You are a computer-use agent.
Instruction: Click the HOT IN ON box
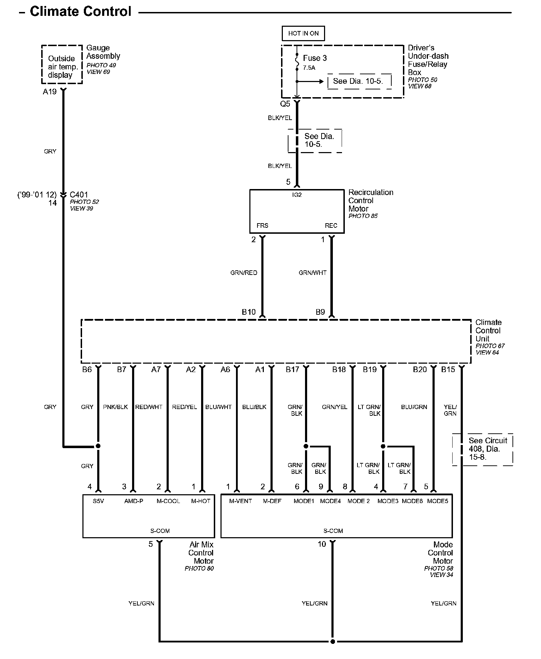[303, 33]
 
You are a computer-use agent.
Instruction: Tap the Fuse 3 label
[315, 58]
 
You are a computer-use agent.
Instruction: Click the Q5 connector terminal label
[285, 104]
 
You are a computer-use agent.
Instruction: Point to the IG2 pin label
[297, 195]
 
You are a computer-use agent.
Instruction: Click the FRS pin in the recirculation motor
[262, 226]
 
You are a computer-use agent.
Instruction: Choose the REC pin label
[331, 226]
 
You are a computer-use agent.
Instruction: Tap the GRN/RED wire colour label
[244, 273]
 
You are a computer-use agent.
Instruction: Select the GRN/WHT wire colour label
[312, 273]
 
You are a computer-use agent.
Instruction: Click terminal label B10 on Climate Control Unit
[249, 312]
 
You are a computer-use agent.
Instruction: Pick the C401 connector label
[79, 195]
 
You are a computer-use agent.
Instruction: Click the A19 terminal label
[50, 92]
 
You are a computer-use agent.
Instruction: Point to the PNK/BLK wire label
[115, 407]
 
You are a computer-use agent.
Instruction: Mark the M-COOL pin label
[168, 501]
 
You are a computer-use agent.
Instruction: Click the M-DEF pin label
[272, 501]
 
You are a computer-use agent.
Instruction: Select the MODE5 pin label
[437, 501]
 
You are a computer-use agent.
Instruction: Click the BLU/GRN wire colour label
[414, 407]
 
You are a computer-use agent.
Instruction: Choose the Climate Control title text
[81, 12]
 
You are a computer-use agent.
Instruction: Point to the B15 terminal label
[448, 369]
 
